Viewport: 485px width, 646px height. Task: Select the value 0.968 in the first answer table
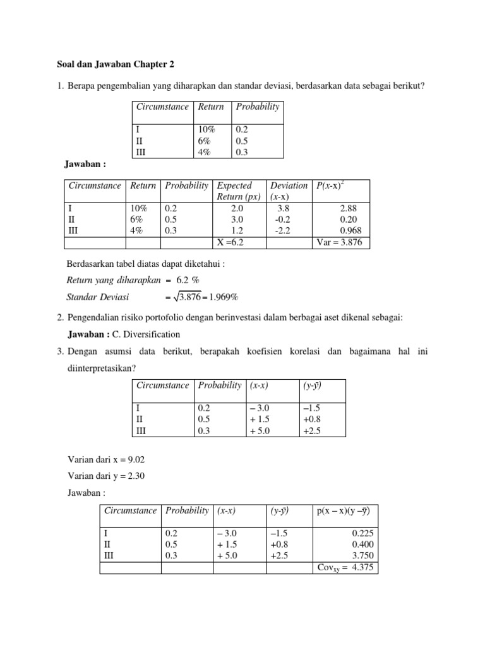point(350,230)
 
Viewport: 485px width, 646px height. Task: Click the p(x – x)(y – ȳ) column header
point(343,510)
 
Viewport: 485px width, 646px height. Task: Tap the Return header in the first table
point(211,107)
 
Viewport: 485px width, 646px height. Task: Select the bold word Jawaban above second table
point(85,165)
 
